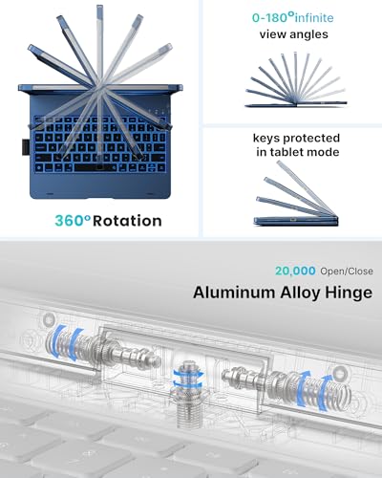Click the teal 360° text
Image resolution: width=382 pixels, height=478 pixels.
[x=73, y=221]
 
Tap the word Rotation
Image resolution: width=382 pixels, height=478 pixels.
[x=127, y=221]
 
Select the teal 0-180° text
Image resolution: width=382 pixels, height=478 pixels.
[x=272, y=17]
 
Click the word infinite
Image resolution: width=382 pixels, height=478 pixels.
[x=314, y=17]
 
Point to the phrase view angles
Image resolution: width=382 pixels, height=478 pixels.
[x=293, y=34]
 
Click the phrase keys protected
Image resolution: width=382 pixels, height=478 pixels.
[x=296, y=139]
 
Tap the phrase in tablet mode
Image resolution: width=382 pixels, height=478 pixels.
[x=298, y=152]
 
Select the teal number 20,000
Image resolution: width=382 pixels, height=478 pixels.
[x=295, y=271]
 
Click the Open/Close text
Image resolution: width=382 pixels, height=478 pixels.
[x=347, y=272]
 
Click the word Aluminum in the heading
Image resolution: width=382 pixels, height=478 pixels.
[x=234, y=293]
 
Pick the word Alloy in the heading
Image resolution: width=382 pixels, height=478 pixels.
[x=300, y=293]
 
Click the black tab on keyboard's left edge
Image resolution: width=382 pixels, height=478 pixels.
[x=26, y=147]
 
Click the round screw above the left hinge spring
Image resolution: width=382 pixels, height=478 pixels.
[x=49, y=318]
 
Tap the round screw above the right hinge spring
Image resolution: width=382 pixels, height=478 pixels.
[x=339, y=371]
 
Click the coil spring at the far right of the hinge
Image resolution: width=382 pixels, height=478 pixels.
[x=323, y=390]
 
